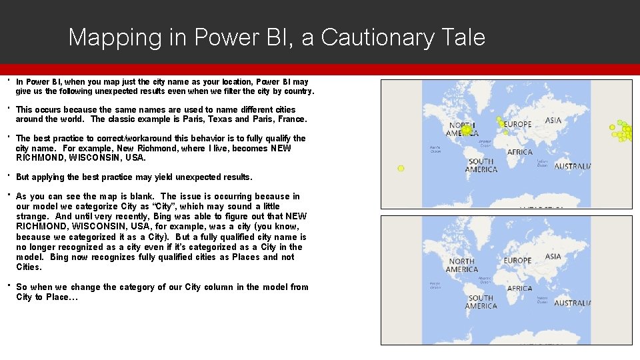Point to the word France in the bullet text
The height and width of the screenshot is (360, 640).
(x=291, y=119)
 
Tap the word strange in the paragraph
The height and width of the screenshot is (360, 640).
(x=32, y=217)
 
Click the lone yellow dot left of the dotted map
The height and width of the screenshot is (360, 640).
(x=401, y=169)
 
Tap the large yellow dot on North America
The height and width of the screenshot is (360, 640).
(x=467, y=130)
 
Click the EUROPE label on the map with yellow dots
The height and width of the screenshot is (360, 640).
(x=517, y=125)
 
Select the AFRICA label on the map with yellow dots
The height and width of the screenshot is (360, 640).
(x=520, y=152)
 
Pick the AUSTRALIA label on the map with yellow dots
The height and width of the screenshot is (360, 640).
(x=573, y=167)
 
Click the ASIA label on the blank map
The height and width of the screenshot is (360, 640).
(x=553, y=257)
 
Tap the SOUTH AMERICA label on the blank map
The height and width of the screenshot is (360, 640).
(x=481, y=302)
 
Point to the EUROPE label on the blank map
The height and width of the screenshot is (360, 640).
(x=517, y=261)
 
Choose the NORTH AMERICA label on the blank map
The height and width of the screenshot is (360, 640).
(x=462, y=265)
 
